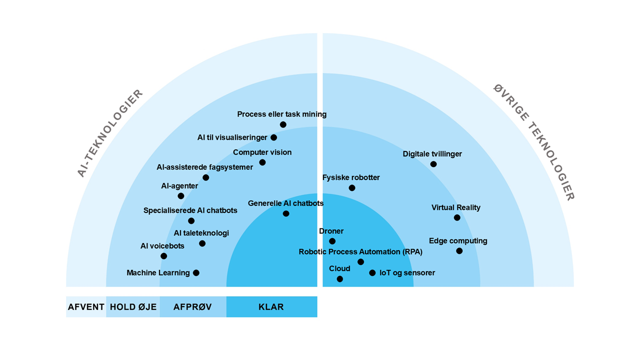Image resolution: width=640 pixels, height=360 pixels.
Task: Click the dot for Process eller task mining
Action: (x=283, y=124)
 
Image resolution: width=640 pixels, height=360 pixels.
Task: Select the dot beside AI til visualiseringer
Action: (x=273, y=137)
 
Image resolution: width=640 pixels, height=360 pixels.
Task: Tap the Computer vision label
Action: (x=262, y=152)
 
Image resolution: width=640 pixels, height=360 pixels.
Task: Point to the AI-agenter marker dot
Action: (x=181, y=196)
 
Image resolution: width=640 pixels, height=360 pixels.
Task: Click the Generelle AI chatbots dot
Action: (x=286, y=213)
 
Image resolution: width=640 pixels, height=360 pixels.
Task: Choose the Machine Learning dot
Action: (x=196, y=273)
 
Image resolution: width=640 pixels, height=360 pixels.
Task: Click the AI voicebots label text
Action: (x=162, y=246)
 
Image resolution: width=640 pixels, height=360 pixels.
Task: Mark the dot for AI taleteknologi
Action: (x=202, y=243)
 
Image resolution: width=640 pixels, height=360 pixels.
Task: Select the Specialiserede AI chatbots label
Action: (x=190, y=210)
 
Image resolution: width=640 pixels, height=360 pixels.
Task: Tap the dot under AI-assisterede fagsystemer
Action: (x=205, y=177)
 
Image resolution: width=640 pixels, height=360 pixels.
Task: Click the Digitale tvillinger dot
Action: (x=433, y=164)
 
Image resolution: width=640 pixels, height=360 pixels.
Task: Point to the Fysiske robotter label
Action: (x=351, y=177)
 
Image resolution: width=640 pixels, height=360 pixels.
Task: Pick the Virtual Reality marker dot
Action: (x=457, y=217)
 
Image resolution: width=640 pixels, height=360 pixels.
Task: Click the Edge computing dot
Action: (x=459, y=251)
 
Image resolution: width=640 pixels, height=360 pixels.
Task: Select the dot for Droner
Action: (x=332, y=241)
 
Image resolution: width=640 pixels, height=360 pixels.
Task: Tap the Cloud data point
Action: (x=340, y=279)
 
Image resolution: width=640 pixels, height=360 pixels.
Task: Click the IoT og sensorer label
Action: (x=407, y=273)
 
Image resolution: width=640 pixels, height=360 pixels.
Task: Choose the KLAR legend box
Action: (x=271, y=307)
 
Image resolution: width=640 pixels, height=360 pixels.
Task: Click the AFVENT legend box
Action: (x=86, y=307)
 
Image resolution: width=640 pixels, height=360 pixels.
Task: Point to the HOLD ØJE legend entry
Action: (x=133, y=307)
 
